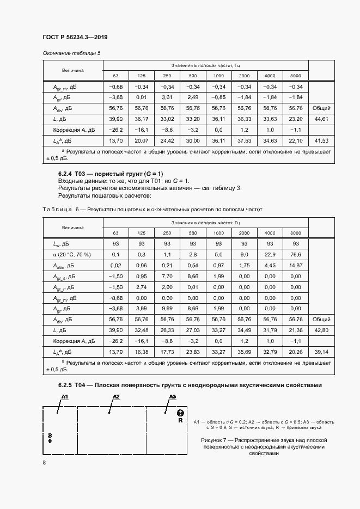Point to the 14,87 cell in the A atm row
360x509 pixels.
pyautogui.click(x=296, y=265)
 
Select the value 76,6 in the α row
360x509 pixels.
pyautogui.click(x=296, y=254)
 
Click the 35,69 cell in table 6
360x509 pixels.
pyautogui.click(x=244, y=353)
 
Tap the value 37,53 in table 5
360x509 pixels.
pyautogui.click(x=244, y=140)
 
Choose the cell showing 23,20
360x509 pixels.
pyautogui.click(x=296, y=119)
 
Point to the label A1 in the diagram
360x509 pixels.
pyautogui.click(x=64, y=396)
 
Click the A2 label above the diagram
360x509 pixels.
pyautogui.click(x=115, y=396)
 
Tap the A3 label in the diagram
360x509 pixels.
pyautogui.click(x=173, y=396)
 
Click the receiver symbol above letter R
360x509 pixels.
pyautogui.click(x=180, y=413)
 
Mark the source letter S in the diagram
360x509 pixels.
pyautogui.click(x=49, y=436)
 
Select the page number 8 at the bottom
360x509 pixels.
pyautogui.click(x=44, y=462)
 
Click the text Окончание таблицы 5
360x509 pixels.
pyautogui.click(x=71, y=53)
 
